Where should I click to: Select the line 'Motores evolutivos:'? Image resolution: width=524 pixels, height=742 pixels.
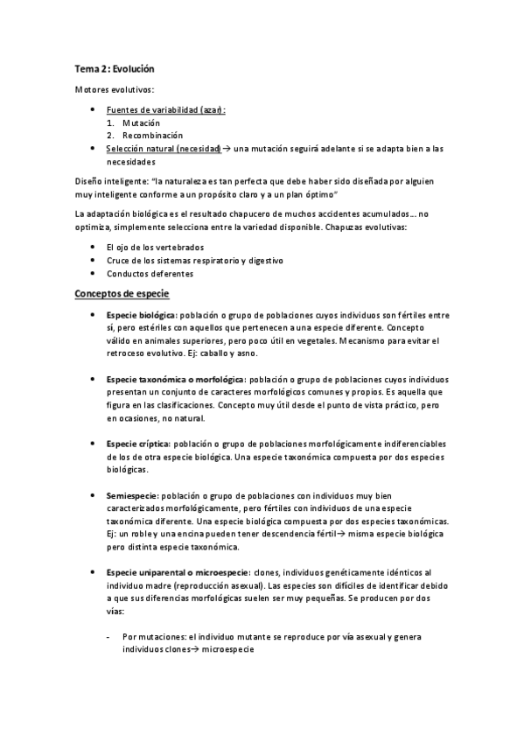(114, 90)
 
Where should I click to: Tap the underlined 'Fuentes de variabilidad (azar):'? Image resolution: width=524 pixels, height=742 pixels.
(165, 110)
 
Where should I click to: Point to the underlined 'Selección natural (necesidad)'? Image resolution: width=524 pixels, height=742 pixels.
(163, 150)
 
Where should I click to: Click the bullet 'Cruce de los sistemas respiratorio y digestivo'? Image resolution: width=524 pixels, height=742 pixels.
(194, 261)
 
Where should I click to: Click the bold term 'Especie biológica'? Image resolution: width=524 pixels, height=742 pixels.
(140, 314)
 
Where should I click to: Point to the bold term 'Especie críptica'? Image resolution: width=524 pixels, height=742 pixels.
(137, 445)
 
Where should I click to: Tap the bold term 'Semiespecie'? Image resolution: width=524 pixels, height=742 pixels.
(131, 496)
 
